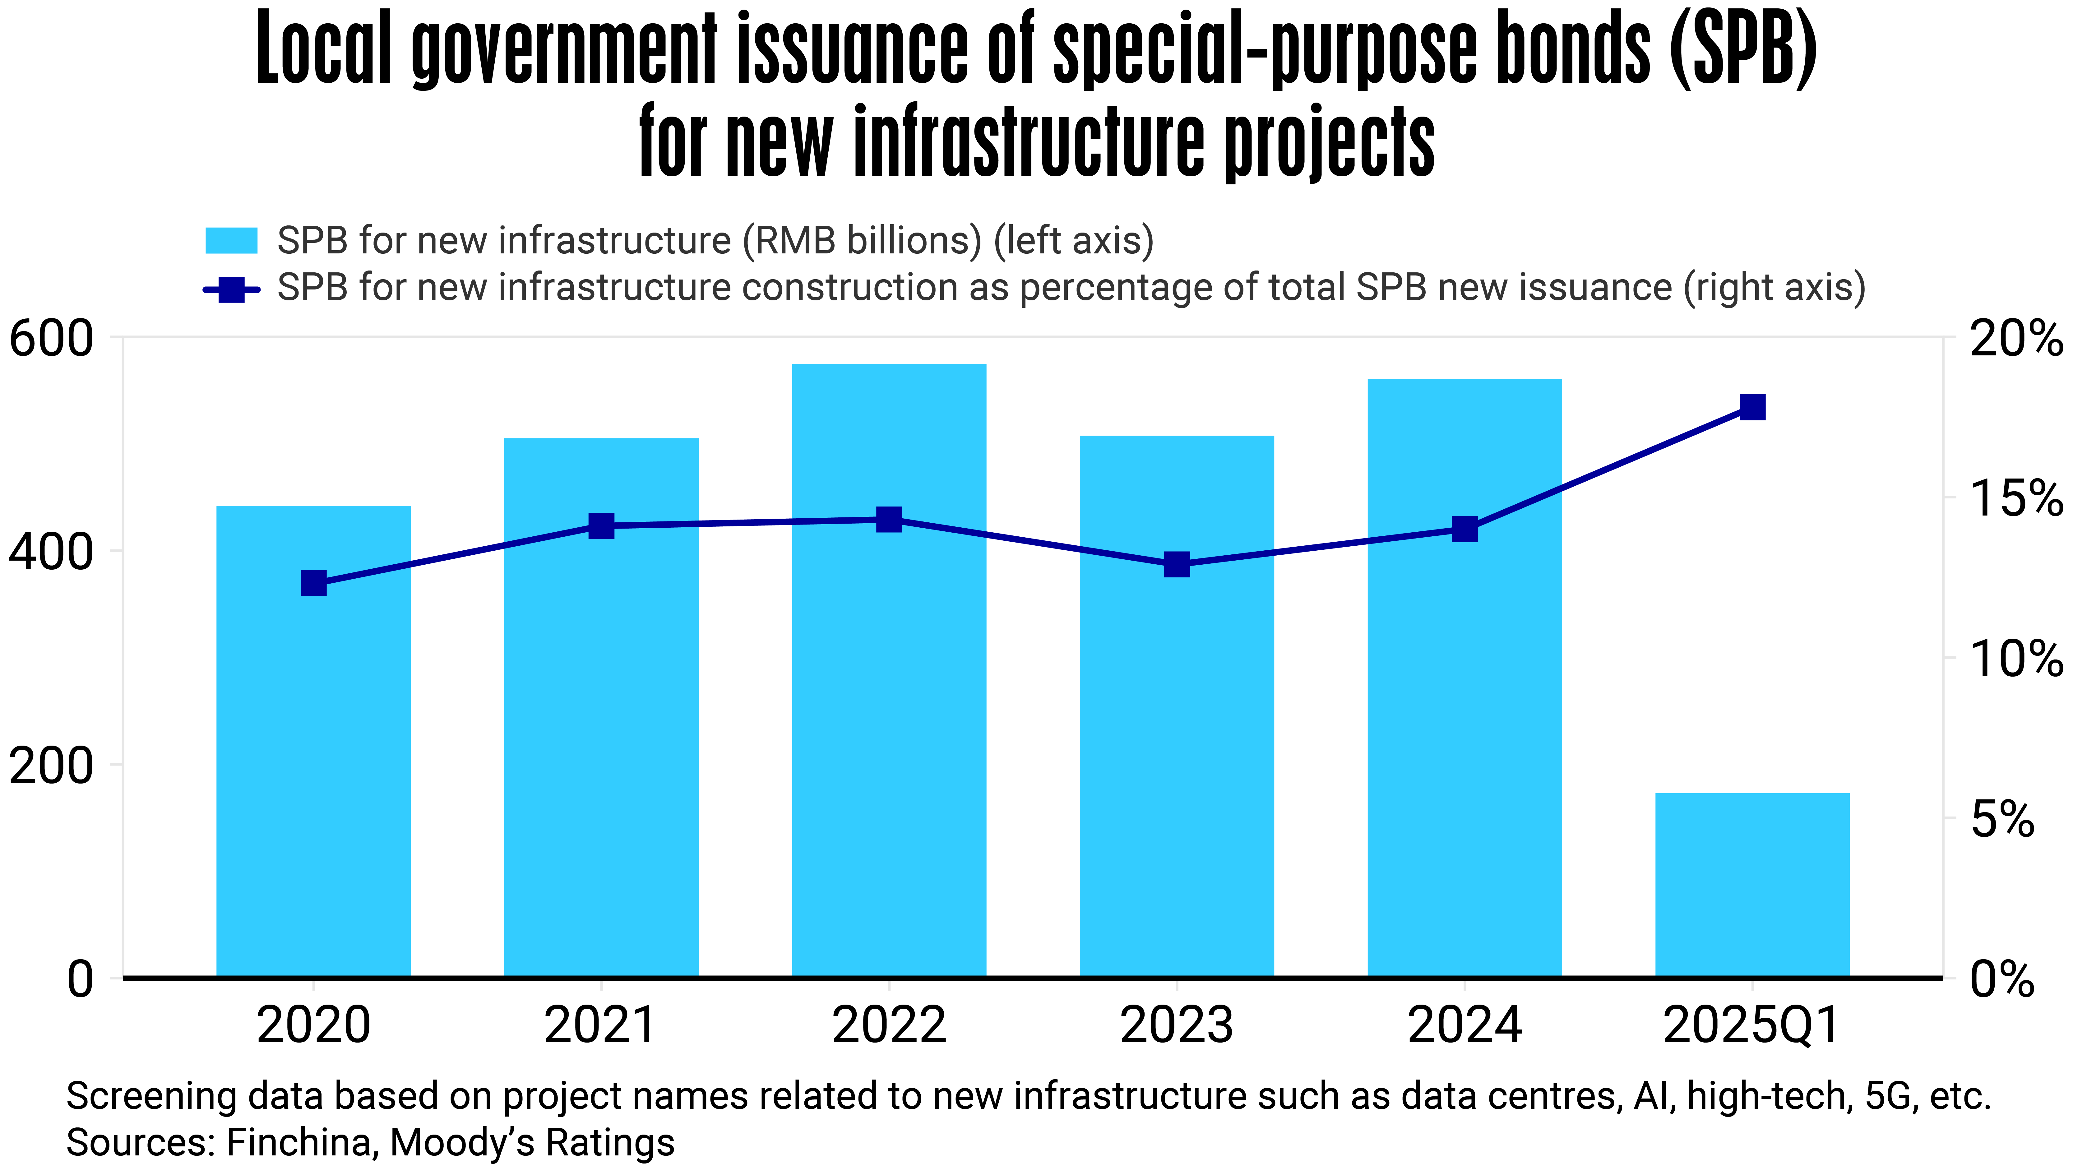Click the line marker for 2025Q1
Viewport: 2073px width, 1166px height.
click(x=1752, y=407)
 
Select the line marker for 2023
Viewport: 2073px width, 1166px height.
click(x=1177, y=564)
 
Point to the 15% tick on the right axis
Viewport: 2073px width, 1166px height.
click(x=2014, y=498)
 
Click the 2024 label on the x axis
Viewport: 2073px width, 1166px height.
click(x=1465, y=1026)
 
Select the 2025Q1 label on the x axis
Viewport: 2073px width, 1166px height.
click(x=1752, y=1026)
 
